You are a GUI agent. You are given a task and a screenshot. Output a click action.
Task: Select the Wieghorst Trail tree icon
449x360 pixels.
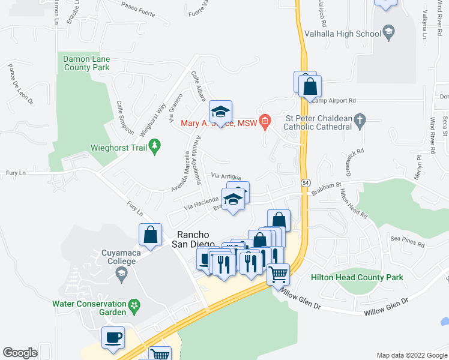[x=155, y=145]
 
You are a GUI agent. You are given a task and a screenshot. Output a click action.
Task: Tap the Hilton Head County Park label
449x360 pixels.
[x=357, y=277]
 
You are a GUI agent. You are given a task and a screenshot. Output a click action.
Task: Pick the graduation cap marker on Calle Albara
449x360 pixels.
[x=221, y=112]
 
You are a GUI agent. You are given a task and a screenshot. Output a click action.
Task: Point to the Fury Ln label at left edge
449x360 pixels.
[x=13, y=173]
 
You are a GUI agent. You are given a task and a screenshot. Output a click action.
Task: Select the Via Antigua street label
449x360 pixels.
[x=226, y=176]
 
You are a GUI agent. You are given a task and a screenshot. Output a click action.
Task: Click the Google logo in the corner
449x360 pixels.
[x=20, y=353]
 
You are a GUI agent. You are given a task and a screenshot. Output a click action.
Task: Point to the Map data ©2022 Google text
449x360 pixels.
[x=411, y=355]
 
